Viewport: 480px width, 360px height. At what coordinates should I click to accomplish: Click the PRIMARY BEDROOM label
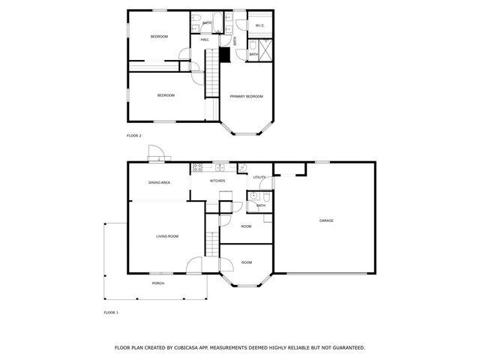[246, 96]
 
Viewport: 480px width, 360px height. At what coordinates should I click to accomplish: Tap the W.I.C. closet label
[259, 26]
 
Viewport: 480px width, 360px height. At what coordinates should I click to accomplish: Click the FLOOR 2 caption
[133, 136]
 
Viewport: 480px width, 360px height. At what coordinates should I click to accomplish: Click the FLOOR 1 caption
[111, 311]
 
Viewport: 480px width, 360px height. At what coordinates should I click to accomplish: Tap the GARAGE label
[326, 220]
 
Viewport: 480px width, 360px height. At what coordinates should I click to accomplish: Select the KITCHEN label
[217, 181]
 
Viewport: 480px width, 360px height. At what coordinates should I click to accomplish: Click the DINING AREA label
[159, 182]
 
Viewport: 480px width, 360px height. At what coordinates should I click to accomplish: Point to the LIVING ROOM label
[166, 236]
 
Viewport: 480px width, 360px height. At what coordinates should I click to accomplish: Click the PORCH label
[158, 283]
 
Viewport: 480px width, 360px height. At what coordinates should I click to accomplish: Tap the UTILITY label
[259, 177]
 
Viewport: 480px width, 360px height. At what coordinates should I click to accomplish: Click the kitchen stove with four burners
[198, 166]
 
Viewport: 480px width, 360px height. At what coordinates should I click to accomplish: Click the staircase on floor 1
[211, 244]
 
